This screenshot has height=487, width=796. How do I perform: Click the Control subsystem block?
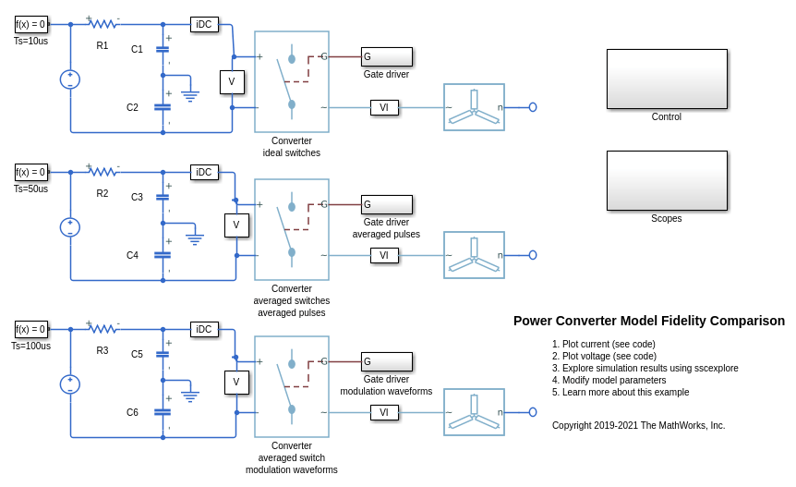[x=667, y=79]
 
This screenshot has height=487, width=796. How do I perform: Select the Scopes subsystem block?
[x=667, y=180]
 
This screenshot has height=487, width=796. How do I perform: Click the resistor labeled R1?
[x=103, y=24]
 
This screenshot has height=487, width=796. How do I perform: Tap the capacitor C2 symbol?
[x=163, y=107]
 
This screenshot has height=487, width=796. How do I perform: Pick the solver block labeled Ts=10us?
[x=31, y=24]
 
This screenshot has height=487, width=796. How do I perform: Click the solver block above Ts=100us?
[x=31, y=329]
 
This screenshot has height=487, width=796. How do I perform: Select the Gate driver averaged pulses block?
[x=387, y=204]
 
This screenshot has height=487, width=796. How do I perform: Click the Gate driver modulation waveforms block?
[x=387, y=361]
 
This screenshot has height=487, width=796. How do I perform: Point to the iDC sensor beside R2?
[x=204, y=172]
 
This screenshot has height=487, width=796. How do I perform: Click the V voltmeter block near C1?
[x=232, y=82]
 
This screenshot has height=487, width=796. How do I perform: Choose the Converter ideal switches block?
[x=292, y=81]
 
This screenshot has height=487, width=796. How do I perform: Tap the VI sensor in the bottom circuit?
[x=384, y=412]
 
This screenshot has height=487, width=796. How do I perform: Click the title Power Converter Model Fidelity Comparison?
[x=649, y=321]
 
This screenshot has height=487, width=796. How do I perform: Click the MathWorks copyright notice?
[x=639, y=425]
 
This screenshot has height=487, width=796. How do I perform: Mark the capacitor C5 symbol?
[x=163, y=354]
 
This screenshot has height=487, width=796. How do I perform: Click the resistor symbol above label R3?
[x=103, y=329]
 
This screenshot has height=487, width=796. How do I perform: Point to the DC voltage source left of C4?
[x=70, y=226]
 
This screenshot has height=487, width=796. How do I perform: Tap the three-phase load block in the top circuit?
[x=474, y=107]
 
